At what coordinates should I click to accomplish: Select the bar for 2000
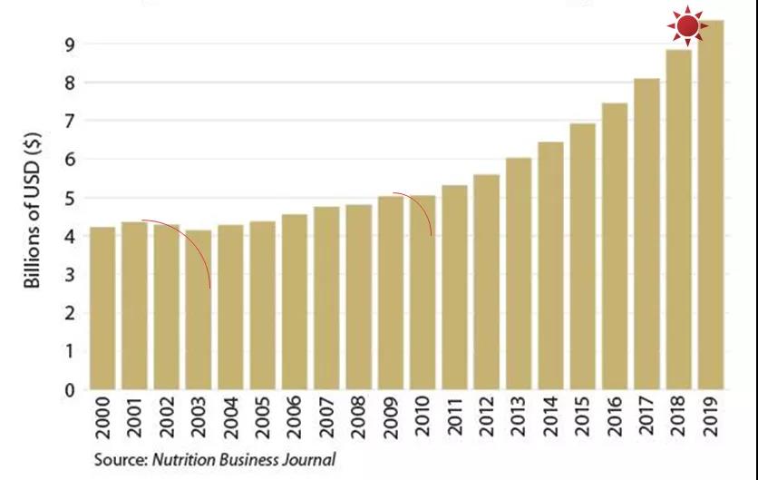102,309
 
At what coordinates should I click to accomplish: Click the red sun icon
687,26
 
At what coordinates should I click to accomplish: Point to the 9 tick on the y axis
69,44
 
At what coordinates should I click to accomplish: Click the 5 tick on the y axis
69,198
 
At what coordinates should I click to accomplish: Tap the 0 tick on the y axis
69,391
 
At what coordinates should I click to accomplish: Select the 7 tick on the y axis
69,121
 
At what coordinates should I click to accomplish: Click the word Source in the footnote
117,460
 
